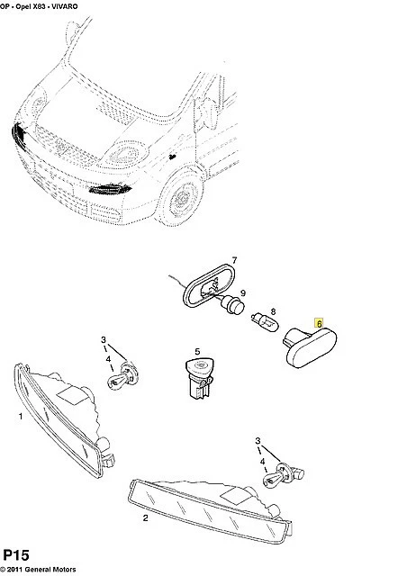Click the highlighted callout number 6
click(319, 323)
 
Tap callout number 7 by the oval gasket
click(234, 260)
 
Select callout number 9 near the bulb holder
click(242, 293)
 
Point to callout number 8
click(273, 312)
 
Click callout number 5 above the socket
click(197, 352)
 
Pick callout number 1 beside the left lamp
click(21, 416)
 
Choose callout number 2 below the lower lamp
click(146, 518)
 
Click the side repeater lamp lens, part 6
click(310, 346)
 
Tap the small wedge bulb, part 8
click(265, 322)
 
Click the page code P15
click(16, 555)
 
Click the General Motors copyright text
click(38, 570)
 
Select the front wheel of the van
click(183, 198)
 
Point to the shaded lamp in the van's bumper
click(110, 189)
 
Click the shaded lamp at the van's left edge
click(18, 135)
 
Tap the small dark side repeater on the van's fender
click(171, 157)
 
